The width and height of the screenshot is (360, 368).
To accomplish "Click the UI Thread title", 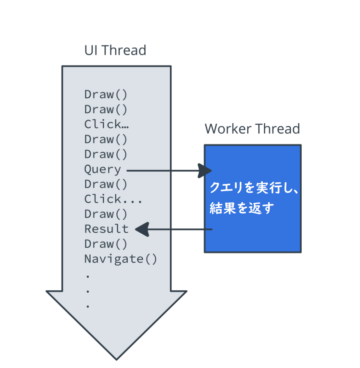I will pyautogui.click(x=115, y=51).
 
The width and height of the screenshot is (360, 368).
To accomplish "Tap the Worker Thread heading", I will pyautogui.click(x=252, y=129).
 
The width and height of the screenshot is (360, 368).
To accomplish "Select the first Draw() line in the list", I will pyautogui.click(x=106, y=94).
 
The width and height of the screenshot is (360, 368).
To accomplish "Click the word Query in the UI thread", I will pyautogui.click(x=103, y=170).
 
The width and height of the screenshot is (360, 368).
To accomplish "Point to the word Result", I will pyautogui.click(x=106, y=229).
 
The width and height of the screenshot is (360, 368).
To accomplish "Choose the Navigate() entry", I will pyautogui.click(x=121, y=259).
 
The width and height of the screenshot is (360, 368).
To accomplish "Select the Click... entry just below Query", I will pyautogui.click(x=113, y=200).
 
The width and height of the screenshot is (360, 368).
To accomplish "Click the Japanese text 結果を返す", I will pyautogui.click(x=241, y=209).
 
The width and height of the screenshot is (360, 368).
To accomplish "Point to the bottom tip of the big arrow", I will pyautogui.click(x=117, y=358).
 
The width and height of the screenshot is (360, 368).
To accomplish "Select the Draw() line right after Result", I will pyautogui.click(x=106, y=244).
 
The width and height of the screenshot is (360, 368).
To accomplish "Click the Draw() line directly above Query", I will pyautogui.click(x=106, y=154).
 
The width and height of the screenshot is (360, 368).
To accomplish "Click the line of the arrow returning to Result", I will pyautogui.click(x=181, y=230).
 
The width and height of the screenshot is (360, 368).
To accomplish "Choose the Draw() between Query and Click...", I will pyautogui.click(x=106, y=184).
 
